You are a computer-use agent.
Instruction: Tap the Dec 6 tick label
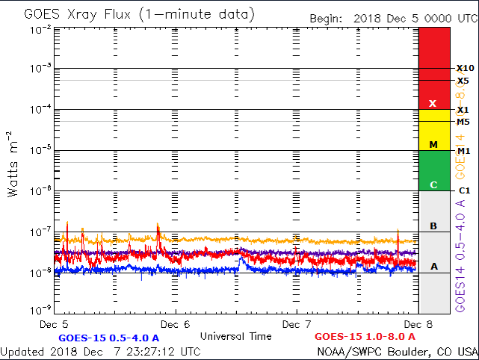click(x=176, y=325)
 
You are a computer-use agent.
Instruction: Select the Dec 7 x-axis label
click(x=297, y=325)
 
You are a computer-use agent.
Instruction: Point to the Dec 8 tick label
click(x=417, y=325)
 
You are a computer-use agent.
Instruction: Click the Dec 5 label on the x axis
click(x=55, y=325)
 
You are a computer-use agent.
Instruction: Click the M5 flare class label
click(x=463, y=122)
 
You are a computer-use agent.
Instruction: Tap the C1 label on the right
click(x=463, y=191)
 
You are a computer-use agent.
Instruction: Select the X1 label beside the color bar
click(x=463, y=110)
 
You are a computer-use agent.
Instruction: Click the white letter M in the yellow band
click(x=433, y=143)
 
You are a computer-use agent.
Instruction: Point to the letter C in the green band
click(x=433, y=184)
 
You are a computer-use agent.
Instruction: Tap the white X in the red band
click(x=433, y=103)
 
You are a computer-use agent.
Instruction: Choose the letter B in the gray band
click(x=433, y=226)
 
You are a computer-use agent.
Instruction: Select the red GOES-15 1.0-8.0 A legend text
click(x=365, y=337)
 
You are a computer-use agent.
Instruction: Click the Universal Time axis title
click(x=236, y=336)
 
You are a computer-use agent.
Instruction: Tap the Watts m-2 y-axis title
click(x=13, y=164)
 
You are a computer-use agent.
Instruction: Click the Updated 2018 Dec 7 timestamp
click(x=100, y=351)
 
